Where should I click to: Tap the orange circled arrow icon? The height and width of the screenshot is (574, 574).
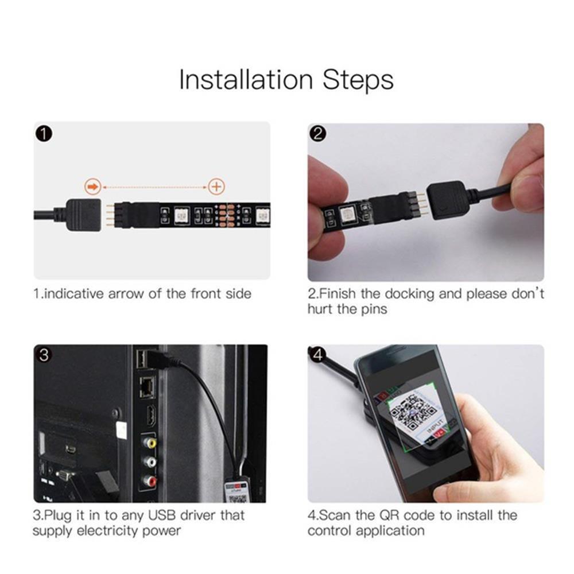(x=92, y=187)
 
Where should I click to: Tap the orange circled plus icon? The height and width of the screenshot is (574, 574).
(x=216, y=187)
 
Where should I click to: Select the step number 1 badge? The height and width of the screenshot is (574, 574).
(x=44, y=134)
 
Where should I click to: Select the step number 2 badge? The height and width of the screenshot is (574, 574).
(x=318, y=134)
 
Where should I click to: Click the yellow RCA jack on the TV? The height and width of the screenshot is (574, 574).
(x=149, y=443)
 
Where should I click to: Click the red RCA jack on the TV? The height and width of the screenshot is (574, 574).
(x=149, y=481)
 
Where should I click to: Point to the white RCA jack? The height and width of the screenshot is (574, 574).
(x=149, y=462)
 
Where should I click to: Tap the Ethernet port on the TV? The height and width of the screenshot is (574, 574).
(x=146, y=389)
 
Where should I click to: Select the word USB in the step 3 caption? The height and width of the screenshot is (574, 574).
(x=157, y=515)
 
